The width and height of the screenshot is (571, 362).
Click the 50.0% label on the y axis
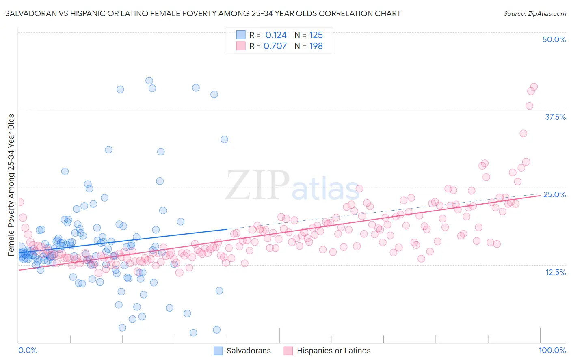(554, 39)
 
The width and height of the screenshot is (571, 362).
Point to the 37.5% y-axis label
(555, 117)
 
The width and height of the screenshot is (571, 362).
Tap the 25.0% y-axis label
(554, 194)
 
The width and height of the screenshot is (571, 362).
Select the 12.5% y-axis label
(555, 272)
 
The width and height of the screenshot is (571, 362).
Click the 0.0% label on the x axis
(28, 350)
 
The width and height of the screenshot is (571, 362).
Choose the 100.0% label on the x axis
(552, 350)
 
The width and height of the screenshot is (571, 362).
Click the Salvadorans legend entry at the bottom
(249, 351)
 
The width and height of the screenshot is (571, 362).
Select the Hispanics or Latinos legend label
(333, 351)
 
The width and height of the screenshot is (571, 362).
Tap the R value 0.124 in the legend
(276, 35)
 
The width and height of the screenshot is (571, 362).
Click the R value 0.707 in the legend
(275, 46)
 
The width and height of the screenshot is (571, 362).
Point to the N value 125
(316, 35)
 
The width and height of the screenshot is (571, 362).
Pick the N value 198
(316, 46)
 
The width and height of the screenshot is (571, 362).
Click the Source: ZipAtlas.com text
(534, 13)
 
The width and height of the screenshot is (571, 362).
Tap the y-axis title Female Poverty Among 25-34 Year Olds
(11, 185)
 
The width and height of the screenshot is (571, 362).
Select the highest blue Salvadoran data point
(149, 81)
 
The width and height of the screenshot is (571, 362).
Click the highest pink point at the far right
(534, 87)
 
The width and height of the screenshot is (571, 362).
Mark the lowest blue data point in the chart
(193, 333)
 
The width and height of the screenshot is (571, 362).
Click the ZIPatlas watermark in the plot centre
(292, 185)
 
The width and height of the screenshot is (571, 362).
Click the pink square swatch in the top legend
(241, 46)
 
